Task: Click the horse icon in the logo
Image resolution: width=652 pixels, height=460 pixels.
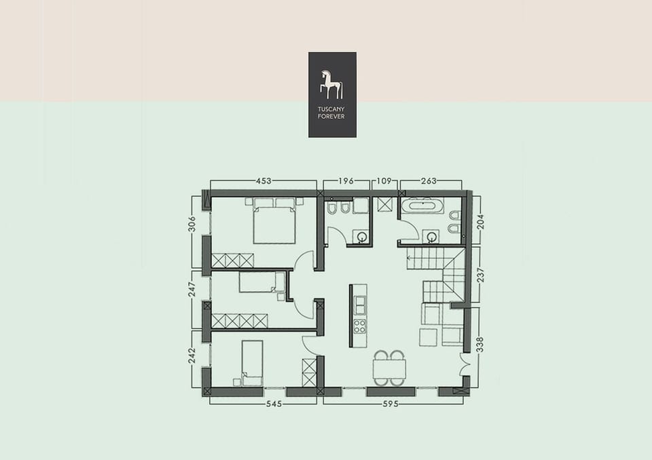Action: click(331, 84)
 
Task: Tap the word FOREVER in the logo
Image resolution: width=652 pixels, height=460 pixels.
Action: click(332, 117)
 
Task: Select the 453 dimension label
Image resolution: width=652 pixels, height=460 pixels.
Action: click(264, 181)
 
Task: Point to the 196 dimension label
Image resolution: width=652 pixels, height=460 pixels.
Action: click(347, 181)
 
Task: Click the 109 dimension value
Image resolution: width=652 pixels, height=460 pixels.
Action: click(385, 181)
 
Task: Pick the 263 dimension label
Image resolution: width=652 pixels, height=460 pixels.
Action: click(429, 181)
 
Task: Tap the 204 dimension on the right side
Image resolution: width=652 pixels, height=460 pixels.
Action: click(481, 221)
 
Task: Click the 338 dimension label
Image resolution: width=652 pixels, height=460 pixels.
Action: click(481, 345)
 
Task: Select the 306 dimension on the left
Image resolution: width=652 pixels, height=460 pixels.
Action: click(192, 225)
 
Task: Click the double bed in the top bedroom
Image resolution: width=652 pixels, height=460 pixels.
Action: click(274, 221)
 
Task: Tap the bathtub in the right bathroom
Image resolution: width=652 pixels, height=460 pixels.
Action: click(422, 206)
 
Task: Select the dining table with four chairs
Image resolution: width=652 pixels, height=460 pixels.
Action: click(389, 368)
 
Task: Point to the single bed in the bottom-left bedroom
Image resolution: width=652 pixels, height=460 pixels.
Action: click(252, 361)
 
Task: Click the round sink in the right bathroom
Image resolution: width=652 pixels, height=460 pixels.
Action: click(431, 237)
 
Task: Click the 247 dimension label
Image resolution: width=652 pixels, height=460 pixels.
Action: click(192, 290)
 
